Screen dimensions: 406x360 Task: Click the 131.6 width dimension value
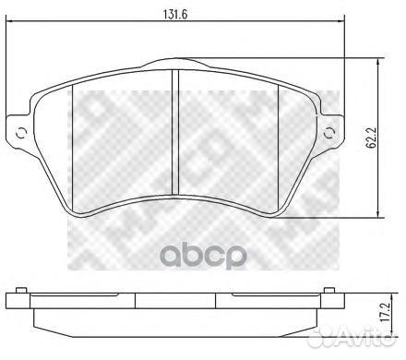(175, 15)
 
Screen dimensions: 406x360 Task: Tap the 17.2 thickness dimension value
(385, 317)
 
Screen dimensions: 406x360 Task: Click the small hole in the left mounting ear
(22, 133)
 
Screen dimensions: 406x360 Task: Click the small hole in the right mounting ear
(329, 133)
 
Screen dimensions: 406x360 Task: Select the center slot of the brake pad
(175, 133)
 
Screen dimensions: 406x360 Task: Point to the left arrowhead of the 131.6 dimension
(10, 21)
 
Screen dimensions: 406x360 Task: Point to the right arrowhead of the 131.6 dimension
(340, 21)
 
